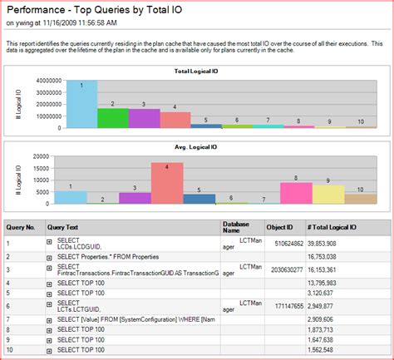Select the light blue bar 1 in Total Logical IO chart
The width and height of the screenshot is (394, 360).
click(81, 104)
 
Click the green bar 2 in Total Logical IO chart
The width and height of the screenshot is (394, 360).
click(112, 117)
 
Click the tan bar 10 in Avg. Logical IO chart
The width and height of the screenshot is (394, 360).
click(360, 199)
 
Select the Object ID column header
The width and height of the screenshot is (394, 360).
click(278, 226)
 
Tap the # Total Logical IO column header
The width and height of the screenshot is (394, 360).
click(333, 226)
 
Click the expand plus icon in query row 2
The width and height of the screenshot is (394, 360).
click(50, 258)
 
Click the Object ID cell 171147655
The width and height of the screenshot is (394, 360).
click(282, 306)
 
